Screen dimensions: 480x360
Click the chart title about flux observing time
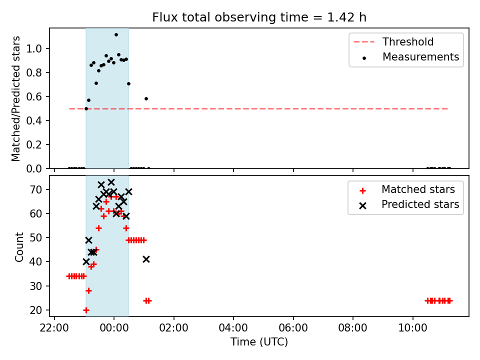click(x=259, y=17)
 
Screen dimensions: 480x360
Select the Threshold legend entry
click(x=393, y=41)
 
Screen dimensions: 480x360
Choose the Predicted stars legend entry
click(x=409, y=204)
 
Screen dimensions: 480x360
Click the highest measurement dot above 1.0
click(x=116, y=35)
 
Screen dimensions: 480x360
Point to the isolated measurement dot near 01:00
click(x=146, y=99)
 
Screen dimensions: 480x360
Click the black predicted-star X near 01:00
click(x=146, y=259)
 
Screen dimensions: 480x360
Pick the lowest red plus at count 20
click(x=86, y=310)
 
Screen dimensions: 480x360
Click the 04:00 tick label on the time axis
click(x=233, y=328)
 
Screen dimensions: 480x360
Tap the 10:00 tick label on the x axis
click(x=412, y=328)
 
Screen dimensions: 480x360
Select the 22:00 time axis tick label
click(x=54, y=328)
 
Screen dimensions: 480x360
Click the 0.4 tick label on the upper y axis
click(x=34, y=120)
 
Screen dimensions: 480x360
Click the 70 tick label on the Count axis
click(x=35, y=189)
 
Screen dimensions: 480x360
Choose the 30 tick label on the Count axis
click(x=35, y=286)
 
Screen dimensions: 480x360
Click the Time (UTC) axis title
click(x=259, y=341)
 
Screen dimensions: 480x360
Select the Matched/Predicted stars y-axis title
click(x=15, y=98)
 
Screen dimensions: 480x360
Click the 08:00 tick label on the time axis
click(x=352, y=328)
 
